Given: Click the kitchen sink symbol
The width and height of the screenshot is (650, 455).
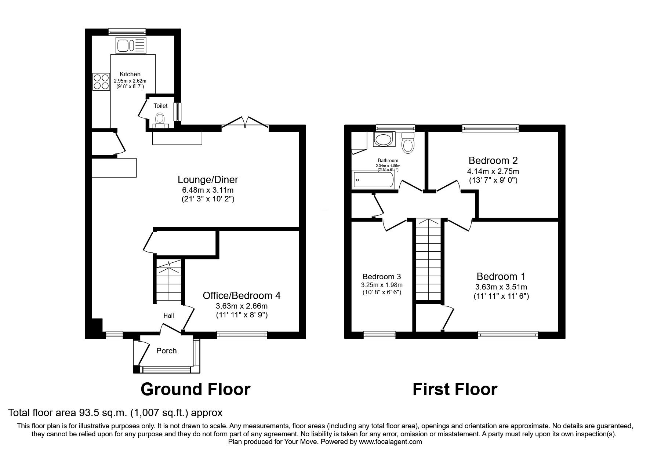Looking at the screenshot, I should [131, 45].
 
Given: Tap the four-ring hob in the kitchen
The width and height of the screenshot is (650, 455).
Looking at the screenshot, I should [101, 82].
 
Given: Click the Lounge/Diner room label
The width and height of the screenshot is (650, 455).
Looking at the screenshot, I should [208, 179].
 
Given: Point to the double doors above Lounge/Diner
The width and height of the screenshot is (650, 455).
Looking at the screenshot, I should [245, 123].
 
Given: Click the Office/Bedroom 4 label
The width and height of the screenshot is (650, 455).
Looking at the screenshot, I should [242, 295].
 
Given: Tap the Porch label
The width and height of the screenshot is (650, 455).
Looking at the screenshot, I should [166, 351].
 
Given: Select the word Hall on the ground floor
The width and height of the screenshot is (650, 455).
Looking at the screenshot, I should [168, 316].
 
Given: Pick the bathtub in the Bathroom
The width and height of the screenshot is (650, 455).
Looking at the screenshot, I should [373, 180].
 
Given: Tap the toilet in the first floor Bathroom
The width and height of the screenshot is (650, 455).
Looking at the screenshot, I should [407, 143].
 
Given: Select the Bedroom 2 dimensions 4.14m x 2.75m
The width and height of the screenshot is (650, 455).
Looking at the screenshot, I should [493, 171].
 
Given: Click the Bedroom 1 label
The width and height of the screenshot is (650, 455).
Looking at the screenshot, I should [501, 276].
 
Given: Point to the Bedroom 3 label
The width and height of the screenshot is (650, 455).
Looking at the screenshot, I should [381, 277].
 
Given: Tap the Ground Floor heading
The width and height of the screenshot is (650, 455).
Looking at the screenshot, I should [195, 389].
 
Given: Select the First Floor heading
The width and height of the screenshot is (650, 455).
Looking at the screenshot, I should [455, 389].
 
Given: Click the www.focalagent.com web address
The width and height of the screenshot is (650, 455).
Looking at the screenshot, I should [390, 442].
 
